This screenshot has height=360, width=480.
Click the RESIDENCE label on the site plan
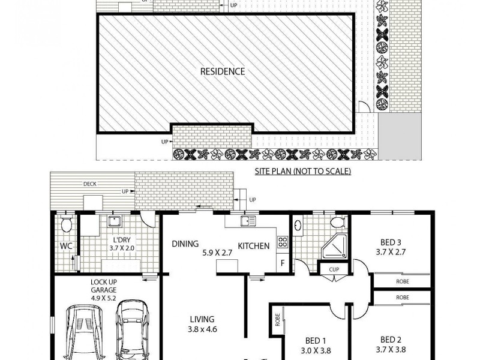tap(222, 71)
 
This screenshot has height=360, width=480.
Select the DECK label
tap(90, 185)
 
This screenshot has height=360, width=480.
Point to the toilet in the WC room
tap(67, 226)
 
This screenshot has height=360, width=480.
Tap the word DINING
tap(185, 244)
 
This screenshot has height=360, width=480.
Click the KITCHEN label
tap(253, 246)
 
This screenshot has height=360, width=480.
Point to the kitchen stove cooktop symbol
tap(282, 243)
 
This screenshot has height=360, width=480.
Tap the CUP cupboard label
tap(334, 269)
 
